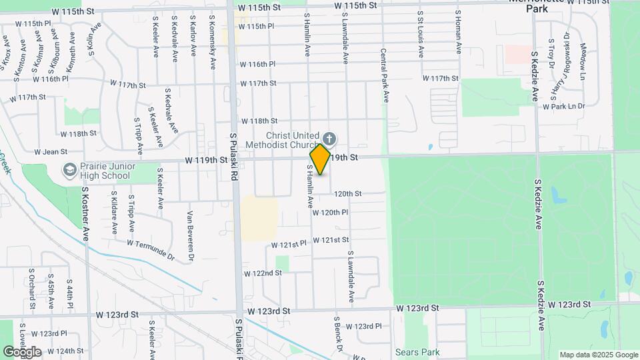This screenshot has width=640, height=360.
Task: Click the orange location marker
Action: coord(320,159)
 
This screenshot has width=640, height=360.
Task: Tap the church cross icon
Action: coord(330,139)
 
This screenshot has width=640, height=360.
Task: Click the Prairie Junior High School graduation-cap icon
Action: coord(69,170)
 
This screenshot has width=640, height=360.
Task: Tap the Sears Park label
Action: coord(417,351)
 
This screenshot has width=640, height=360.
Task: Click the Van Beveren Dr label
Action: coord(191,235)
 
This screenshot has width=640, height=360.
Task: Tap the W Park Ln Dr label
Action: coord(563,106)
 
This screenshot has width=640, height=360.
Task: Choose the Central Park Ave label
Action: coord(385,75)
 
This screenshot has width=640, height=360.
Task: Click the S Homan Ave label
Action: coord(458,32)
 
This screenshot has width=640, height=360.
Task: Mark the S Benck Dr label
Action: coord(338,334)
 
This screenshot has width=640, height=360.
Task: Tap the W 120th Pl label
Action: coord(345,212)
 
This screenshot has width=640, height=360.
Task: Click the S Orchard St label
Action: coord(31,289)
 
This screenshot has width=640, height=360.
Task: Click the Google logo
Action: coord(21,352)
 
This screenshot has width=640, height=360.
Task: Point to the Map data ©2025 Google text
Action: coord(599,355)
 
